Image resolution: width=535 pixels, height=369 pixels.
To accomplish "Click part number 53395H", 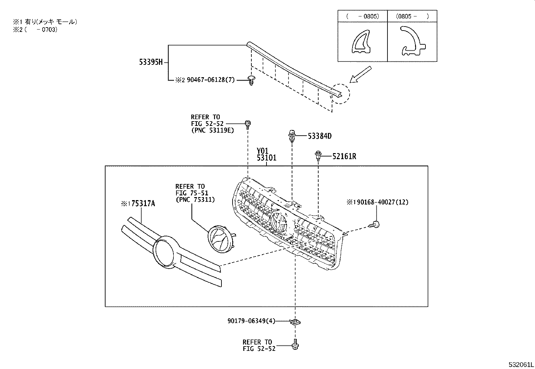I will tap(151, 62).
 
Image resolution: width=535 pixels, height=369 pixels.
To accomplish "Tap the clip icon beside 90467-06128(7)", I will tap(251, 80).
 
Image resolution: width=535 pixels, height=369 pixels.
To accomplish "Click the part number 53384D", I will tap(320, 136).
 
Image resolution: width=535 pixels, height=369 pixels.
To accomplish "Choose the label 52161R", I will tap(344, 156).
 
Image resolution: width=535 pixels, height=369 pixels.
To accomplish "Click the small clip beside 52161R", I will tap(318, 156).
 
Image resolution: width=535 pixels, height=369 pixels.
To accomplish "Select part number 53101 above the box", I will tap(266, 157).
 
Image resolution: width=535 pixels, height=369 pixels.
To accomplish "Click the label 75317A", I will tap(143, 203).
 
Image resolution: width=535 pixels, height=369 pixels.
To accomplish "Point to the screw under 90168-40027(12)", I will tap(376, 224).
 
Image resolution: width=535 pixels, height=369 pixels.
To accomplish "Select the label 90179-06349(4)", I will tap(251, 321).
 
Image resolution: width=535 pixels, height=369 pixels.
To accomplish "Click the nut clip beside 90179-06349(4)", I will tap(295, 322).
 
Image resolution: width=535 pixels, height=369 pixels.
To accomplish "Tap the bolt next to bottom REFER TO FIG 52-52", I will tap(295, 345).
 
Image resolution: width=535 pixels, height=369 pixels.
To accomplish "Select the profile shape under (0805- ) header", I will tap(412, 41).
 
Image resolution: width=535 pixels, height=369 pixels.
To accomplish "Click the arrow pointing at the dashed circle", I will tap(360, 75).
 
